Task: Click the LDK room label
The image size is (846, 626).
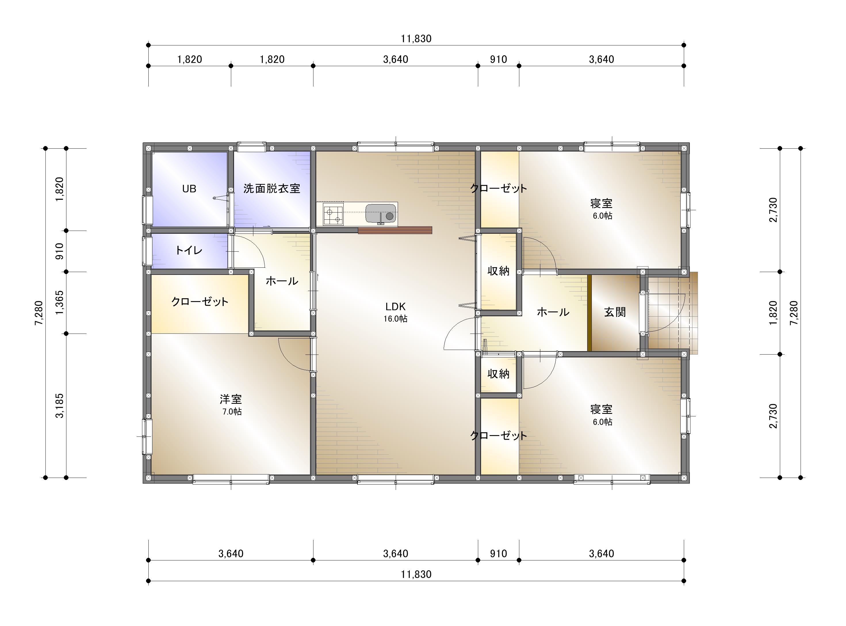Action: pyautogui.click(x=395, y=306)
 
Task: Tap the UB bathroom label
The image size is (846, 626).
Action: pyautogui.click(x=189, y=188)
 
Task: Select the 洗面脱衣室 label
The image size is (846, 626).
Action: pyautogui.click(x=272, y=188)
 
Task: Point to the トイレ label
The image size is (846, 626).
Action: pyautogui.click(x=189, y=250)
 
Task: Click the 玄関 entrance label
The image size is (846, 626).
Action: pyautogui.click(x=615, y=312)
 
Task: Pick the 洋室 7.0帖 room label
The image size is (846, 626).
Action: pyautogui.click(x=231, y=404)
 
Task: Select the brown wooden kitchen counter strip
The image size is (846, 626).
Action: pyautogui.click(x=395, y=230)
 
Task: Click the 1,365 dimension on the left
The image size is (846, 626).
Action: pyautogui.click(x=60, y=303)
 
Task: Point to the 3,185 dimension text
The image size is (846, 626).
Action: pyautogui.click(x=60, y=405)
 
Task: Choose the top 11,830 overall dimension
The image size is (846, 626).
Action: pyautogui.click(x=416, y=39)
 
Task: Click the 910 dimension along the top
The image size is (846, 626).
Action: pyautogui.click(x=498, y=60)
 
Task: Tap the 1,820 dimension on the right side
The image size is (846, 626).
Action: pyautogui.click(x=773, y=313)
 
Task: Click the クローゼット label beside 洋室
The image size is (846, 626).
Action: pyautogui.click(x=200, y=302)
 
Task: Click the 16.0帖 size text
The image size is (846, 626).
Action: pyautogui.click(x=395, y=319)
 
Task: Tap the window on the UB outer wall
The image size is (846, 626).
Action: pyautogui.click(x=147, y=210)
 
